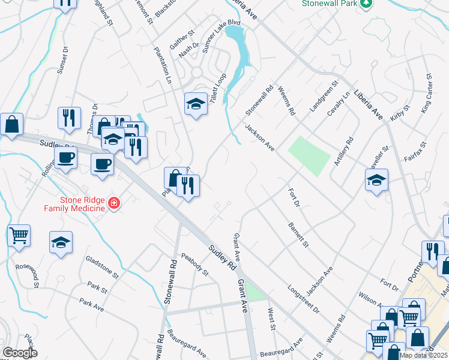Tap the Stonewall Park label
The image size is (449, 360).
click(331, 3)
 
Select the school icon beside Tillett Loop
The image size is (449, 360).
click(195, 105)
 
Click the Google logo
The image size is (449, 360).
click(19, 353)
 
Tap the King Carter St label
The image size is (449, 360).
click(426, 94)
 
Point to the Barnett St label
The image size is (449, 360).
click(298, 236)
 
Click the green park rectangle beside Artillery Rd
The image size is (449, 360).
click(309, 155)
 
